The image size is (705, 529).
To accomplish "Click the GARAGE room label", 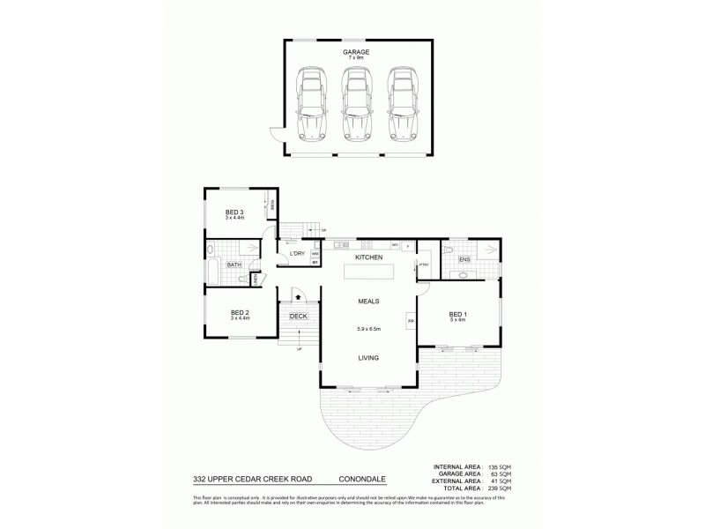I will pyautogui.click(x=356, y=52).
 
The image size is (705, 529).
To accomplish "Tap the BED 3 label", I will pyautogui.click(x=234, y=212).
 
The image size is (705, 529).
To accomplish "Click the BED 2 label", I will pyautogui.click(x=240, y=313).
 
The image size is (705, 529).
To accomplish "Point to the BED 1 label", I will pyautogui.click(x=455, y=315).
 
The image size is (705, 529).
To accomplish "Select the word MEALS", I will pyautogui.click(x=368, y=302).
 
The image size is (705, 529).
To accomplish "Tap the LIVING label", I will pyautogui.click(x=368, y=358).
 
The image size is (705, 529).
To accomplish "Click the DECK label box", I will pyautogui.click(x=298, y=316).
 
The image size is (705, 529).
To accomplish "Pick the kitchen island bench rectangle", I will pyautogui.click(x=367, y=274).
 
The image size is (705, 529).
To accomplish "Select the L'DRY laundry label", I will pyautogui.click(x=297, y=254).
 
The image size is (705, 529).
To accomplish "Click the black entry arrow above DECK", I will pyautogui.click(x=298, y=299).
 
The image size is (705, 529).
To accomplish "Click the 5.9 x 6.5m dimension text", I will pyautogui.click(x=367, y=330).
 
